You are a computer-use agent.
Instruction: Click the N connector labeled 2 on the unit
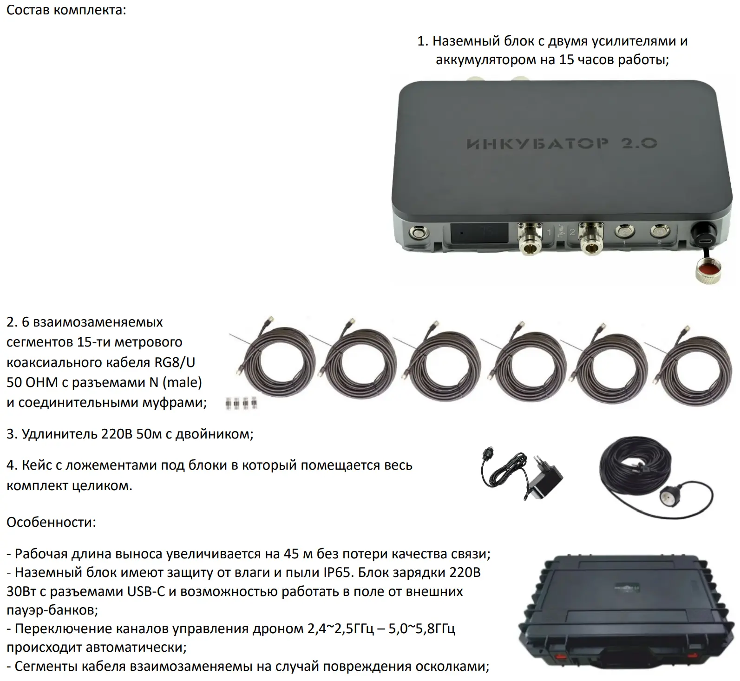[x=590, y=237]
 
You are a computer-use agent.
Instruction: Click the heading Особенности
[x=51, y=522]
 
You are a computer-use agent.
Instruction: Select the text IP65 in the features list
[x=336, y=572]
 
